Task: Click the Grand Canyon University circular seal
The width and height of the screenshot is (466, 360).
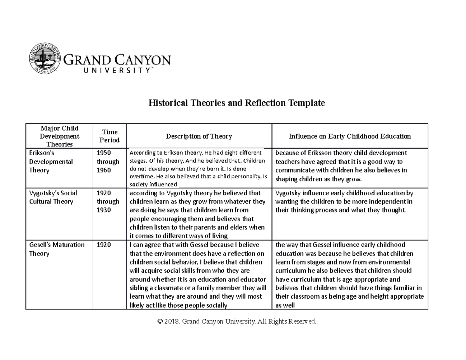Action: pos(45,59)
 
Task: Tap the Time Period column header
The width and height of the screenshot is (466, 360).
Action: pos(110,136)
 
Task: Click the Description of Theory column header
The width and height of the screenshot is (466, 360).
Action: pos(199,136)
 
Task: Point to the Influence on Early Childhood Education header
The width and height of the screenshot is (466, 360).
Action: pos(349,136)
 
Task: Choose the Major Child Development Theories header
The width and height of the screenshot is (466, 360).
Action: pos(59,136)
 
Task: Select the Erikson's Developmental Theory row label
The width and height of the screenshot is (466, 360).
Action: pos(51,161)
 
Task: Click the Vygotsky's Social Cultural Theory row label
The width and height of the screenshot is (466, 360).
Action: pos(53,197)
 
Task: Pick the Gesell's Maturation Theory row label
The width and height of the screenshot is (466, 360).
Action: pos(57,249)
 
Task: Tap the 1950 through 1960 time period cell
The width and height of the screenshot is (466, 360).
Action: pos(108,161)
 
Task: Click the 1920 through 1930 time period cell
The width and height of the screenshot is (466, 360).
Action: pos(108,201)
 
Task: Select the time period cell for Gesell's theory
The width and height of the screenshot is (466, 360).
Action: pos(103,245)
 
